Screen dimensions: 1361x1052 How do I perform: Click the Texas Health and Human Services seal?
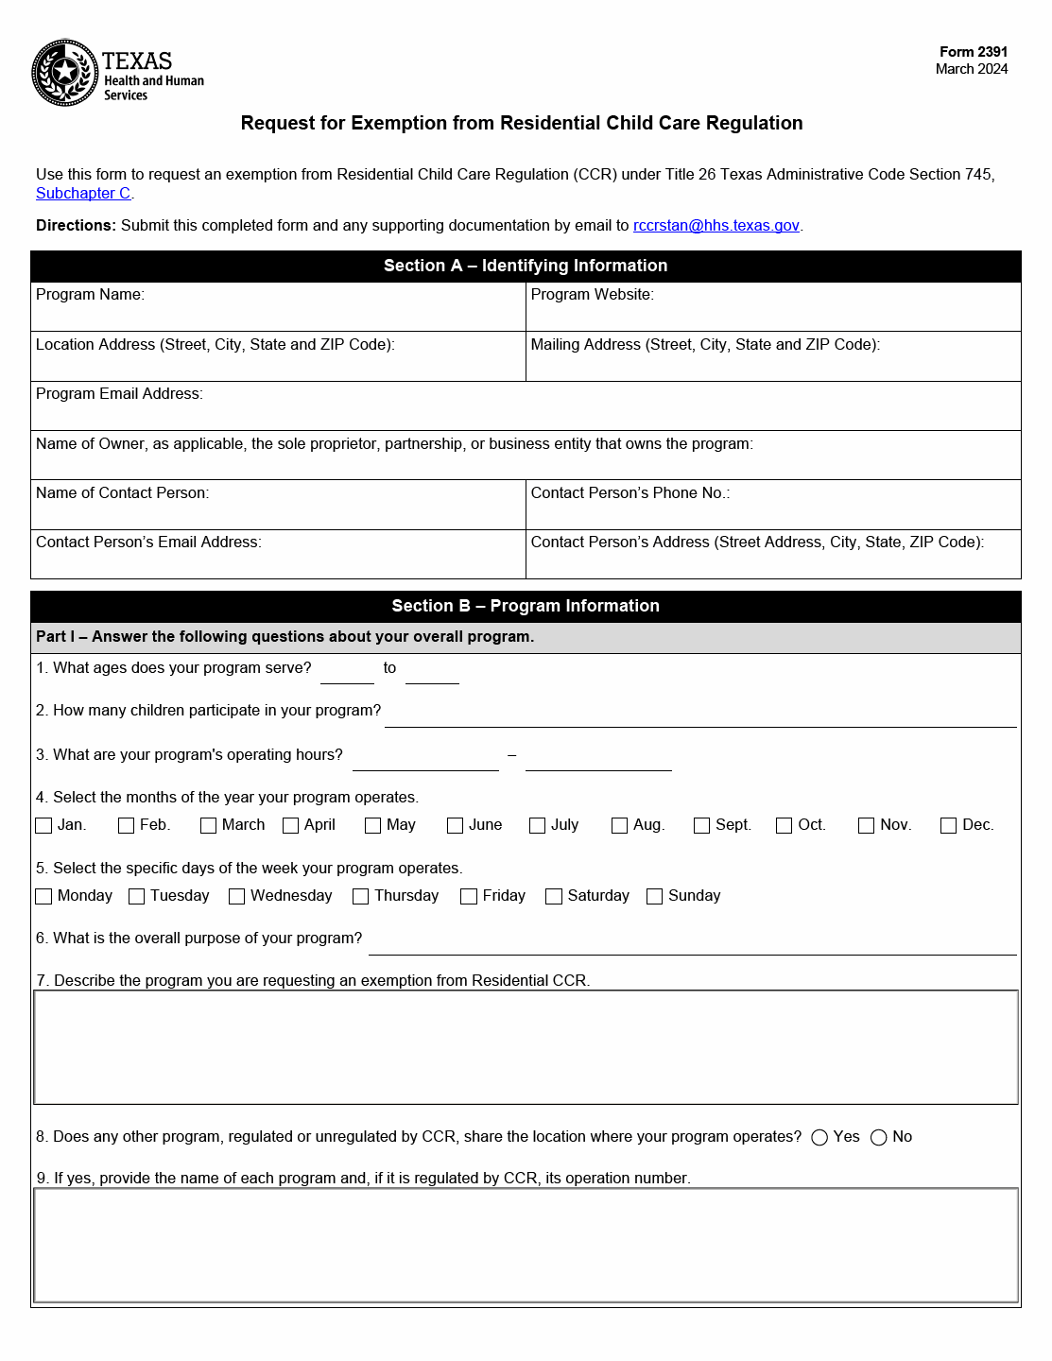(x=64, y=73)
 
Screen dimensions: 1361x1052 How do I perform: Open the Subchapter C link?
(x=83, y=194)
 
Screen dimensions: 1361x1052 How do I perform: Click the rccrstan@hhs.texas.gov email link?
(x=716, y=226)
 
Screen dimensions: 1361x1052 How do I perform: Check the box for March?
(x=208, y=826)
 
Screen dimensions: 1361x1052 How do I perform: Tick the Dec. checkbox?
(x=948, y=826)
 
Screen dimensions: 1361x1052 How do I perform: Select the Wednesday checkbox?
(x=236, y=897)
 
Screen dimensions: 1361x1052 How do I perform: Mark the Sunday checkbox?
(x=654, y=897)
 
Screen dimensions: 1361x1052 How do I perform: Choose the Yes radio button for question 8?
(x=819, y=1138)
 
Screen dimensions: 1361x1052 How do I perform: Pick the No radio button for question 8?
(x=878, y=1138)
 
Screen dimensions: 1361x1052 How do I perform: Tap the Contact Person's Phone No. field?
(x=772, y=513)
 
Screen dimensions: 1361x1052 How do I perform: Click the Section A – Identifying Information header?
(x=526, y=267)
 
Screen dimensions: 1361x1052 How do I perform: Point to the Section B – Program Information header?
(x=526, y=607)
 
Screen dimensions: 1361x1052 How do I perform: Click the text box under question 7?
(x=526, y=1047)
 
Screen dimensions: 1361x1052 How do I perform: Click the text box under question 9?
(x=526, y=1245)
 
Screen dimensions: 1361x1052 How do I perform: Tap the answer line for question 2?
(x=699, y=717)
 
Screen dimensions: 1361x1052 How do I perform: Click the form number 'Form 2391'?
(x=973, y=52)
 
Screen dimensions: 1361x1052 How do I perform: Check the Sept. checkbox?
(x=701, y=826)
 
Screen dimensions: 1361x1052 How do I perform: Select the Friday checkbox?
(x=468, y=897)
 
